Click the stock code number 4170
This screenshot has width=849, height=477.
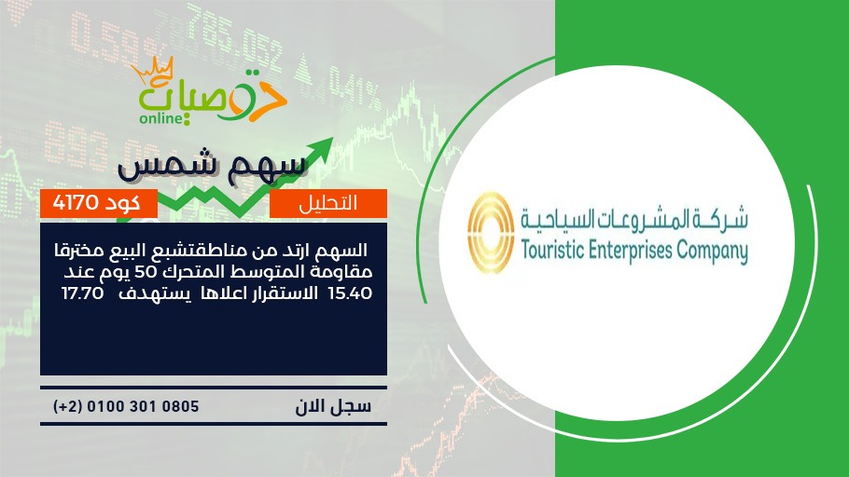coord(76,203)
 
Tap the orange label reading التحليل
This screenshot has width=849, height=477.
coord(328,203)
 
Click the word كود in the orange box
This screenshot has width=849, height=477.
coord(122,203)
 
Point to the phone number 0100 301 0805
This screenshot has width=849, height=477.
coord(143,406)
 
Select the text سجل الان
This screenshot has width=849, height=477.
coord(333,406)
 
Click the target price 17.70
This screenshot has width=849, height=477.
coord(82,293)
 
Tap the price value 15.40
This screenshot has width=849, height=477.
coord(350,293)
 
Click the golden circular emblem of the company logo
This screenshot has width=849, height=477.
coord(491,233)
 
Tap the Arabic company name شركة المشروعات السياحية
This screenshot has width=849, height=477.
coord(634,219)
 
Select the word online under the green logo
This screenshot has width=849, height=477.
coord(160,118)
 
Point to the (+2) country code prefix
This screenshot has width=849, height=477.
coord(68,407)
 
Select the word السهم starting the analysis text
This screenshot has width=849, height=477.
coord(344,251)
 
